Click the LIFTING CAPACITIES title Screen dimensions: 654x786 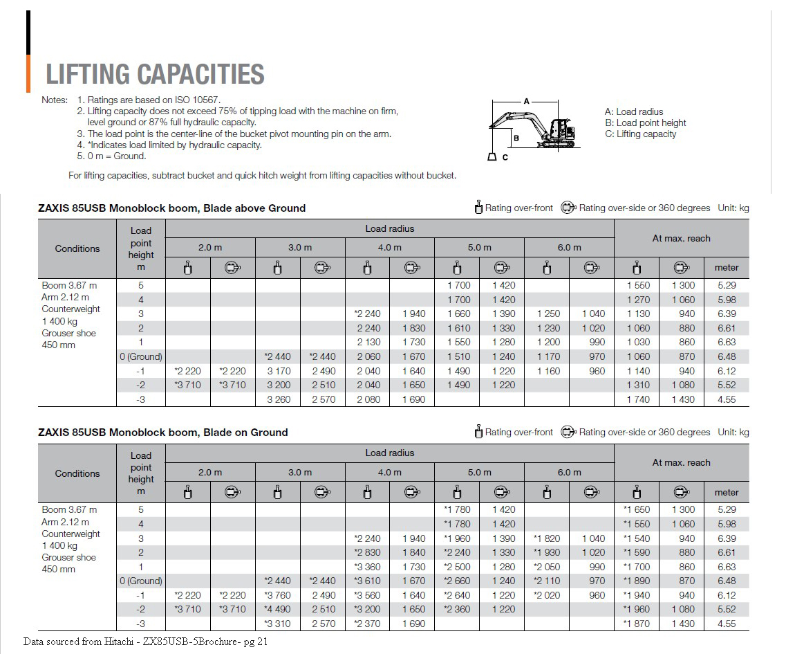(155, 74)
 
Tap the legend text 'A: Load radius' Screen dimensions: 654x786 (633, 111)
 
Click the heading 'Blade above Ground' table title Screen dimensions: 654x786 (172, 208)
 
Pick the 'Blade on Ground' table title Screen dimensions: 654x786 (163, 432)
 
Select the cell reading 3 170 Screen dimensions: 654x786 (279, 371)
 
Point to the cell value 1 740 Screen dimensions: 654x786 (637, 399)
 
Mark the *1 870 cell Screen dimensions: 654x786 (636, 624)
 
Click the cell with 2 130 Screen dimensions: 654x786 (368, 342)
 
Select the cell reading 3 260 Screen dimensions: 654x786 (279, 399)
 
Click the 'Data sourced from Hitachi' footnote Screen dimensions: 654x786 (145, 642)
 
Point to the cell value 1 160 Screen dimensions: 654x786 (548, 371)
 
